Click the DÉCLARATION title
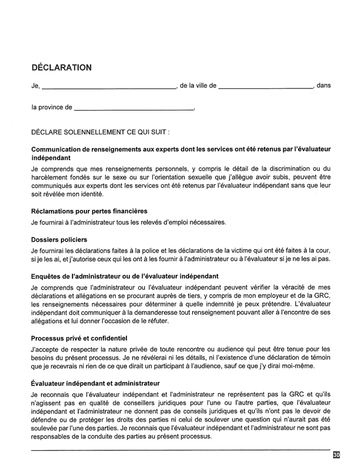click(x=61, y=67)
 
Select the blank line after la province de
click(x=134, y=110)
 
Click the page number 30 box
click(x=336, y=454)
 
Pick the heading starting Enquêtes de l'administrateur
click(x=125, y=275)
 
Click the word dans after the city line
click(x=324, y=86)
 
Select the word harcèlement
click(x=52, y=178)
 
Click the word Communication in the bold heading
click(x=59, y=150)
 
